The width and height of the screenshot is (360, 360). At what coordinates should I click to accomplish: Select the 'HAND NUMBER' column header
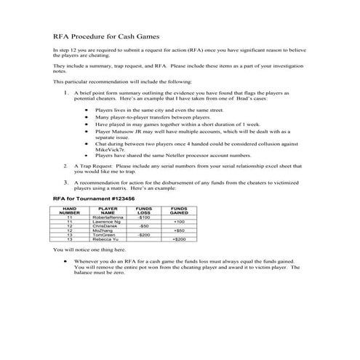(69, 210)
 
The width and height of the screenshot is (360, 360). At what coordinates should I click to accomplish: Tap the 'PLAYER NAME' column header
(108, 210)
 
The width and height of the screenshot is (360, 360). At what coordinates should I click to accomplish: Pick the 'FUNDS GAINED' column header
(179, 210)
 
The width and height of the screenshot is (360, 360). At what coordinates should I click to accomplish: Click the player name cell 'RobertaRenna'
(108, 217)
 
